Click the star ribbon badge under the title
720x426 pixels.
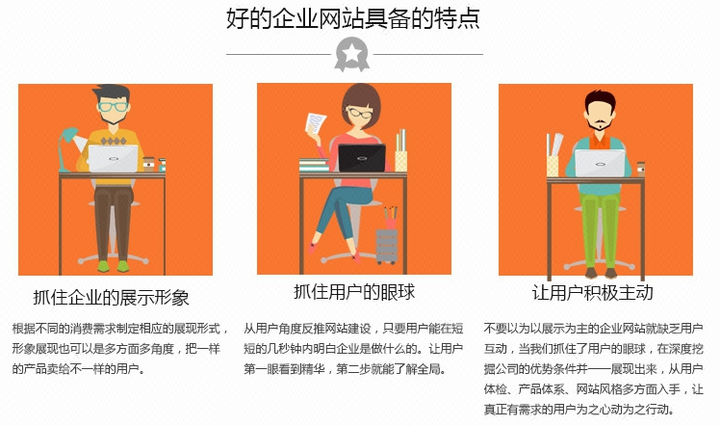point(351,54)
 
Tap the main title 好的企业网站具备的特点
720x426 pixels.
point(353,18)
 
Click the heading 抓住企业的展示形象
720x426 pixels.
point(111,297)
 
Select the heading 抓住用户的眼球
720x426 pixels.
point(354,292)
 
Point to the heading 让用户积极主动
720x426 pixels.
point(592,293)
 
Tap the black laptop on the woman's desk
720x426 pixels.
point(362,158)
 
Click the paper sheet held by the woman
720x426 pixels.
point(316,123)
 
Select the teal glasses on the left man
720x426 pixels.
point(113,107)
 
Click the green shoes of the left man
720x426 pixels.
point(113,266)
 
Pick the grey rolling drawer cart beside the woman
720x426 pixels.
point(386,246)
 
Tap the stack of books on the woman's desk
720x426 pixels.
point(315,165)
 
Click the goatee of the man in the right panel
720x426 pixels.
point(600,123)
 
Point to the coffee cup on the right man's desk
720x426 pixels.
point(641,169)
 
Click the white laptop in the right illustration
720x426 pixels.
point(600,163)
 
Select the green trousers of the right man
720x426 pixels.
point(600,228)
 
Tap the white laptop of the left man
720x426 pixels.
point(113,158)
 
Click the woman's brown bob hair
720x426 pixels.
point(361,101)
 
